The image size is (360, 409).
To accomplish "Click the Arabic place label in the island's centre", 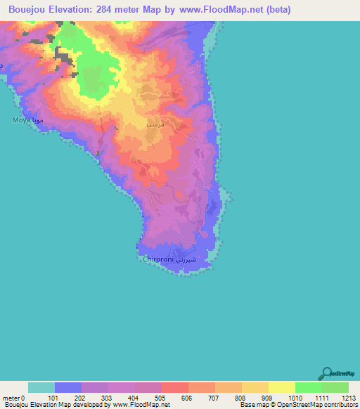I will (x=155, y=124).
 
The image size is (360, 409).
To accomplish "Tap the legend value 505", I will (x=161, y=397).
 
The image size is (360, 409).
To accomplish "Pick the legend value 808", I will (x=241, y=397).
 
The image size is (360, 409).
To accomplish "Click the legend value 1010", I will (x=295, y=397).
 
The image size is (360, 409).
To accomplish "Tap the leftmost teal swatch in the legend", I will (x=41, y=387).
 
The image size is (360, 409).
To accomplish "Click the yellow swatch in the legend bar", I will (x=281, y=387).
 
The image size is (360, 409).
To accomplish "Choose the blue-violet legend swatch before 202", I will (x=68, y=387).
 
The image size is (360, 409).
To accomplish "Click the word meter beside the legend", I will (x=12, y=397).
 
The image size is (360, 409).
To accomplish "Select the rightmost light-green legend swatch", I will (x=335, y=387).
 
